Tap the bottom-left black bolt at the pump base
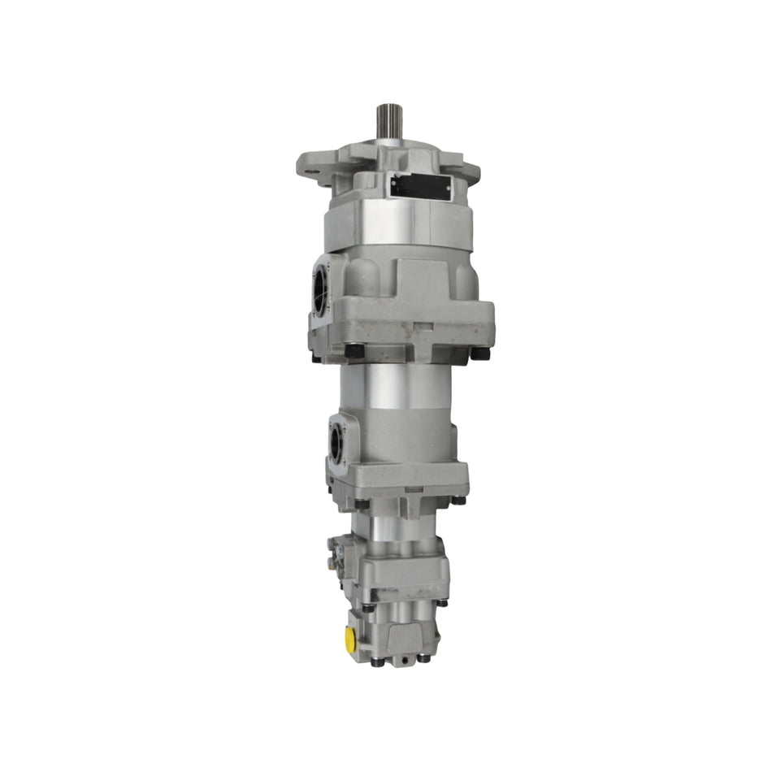(x=377, y=661)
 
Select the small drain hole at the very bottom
(x=401, y=662)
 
